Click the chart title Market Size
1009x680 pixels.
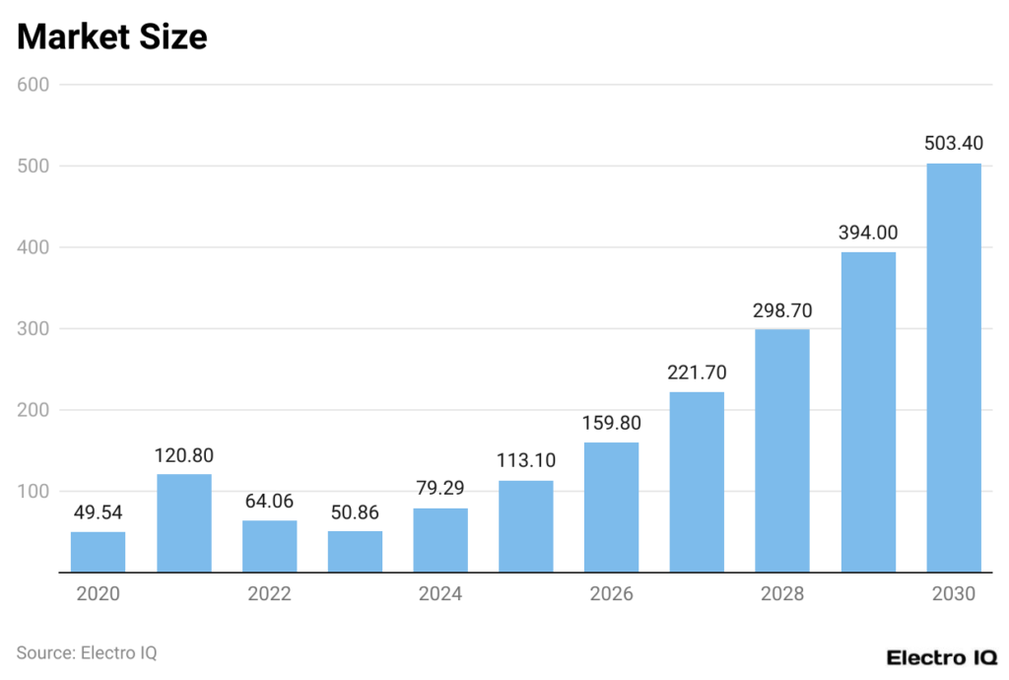(111, 36)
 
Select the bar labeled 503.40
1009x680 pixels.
(953, 367)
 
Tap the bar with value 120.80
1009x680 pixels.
(183, 522)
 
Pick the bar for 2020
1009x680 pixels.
(98, 552)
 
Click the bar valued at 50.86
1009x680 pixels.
(355, 551)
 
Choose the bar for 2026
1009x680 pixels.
(611, 507)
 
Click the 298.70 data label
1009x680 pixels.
(781, 310)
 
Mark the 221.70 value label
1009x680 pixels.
(696, 373)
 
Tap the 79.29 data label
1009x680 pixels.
(439, 488)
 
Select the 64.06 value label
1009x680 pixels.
(269, 501)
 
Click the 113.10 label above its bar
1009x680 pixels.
(525, 461)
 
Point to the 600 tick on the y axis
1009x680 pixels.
(34, 85)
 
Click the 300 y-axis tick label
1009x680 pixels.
(34, 328)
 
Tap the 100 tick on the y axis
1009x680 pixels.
(34, 491)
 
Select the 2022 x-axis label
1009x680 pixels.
(269, 594)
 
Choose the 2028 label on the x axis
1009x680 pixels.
(781, 594)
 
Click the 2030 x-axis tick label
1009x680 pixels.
(953, 594)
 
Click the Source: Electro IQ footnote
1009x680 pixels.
(87, 652)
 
